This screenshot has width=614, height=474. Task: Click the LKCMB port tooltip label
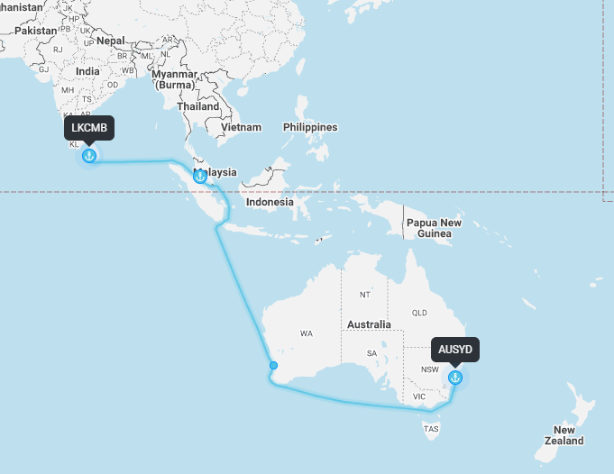pyautogui.click(x=89, y=127)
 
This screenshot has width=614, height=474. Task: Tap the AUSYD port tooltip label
pyautogui.click(x=455, y=349)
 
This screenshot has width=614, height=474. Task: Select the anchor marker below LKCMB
pyautogui.click(x=89, y=156)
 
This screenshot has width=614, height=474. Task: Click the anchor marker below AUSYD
pyautogui.click(x=455, y=377)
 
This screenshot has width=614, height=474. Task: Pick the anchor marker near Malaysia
pyautogui.click(x=200, y=176)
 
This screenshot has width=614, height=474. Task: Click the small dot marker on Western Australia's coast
pyautogui.click(x=273, y=366)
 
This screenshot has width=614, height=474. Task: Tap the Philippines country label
pyautogui.click(x=310, y=127)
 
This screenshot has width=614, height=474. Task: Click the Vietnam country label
pyautogui.click(x=242, y=127)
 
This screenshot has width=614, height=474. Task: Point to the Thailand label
pyautogui.click(x=198, y=106)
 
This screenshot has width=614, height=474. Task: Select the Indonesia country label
pyautogui.click(x=270, y=202)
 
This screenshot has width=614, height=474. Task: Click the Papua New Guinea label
pyautogui.click(x=434, y=228)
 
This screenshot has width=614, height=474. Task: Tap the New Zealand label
pyautogui.click(x=564, y=435)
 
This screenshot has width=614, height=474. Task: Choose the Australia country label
pyautogui.click(x=369, y=324)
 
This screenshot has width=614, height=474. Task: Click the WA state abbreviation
pyautogui.click(x=307, y=333)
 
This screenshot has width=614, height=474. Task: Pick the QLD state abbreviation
pyautogui.click(x=419, y=313)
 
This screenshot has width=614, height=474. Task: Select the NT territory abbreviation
pyautogui.click(x=364, y=295)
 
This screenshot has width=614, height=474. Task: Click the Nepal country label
pyautogui.click(x=111, y=41)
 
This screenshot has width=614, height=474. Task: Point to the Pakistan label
pyautogui.click(x=36, y=30)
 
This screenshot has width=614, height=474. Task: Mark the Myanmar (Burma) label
pyautogui.click(x=174, y=79)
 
